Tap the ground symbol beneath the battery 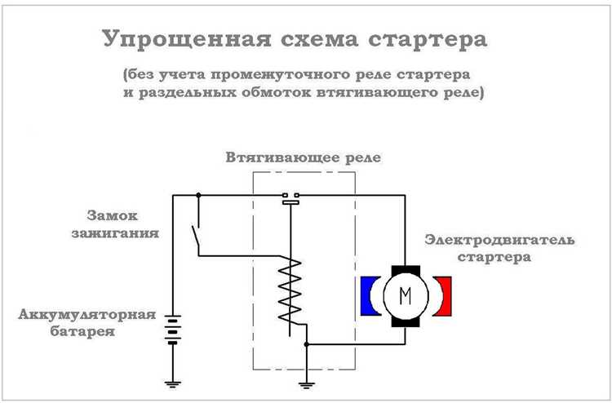[x=171, y=381]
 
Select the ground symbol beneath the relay [x=306, y=381]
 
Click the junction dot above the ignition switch [x=199, y=195]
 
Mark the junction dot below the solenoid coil [x=306, y=344]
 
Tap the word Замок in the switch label [x=112, y=216]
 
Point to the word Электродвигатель [x=499, y=241]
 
